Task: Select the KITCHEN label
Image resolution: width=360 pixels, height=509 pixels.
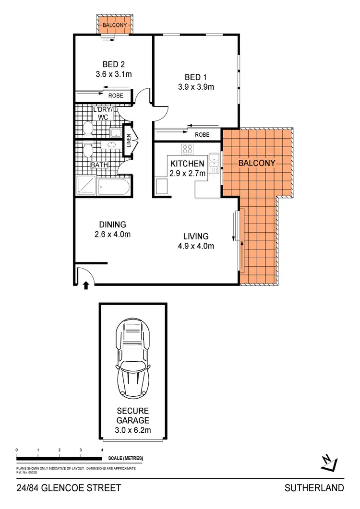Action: (x=188, y=164)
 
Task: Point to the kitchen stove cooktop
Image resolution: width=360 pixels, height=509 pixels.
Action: (x=187, y=148)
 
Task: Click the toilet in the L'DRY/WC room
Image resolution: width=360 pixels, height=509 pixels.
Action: (x=87, y=128)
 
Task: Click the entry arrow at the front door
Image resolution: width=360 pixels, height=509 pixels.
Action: (x=86, y=286)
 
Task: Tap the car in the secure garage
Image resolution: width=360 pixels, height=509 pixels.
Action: (x=133, y=357)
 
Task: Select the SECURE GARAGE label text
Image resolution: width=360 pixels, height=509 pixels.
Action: (x=133, y=416)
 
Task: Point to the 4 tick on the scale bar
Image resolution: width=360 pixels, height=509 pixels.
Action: (x=102, y=450)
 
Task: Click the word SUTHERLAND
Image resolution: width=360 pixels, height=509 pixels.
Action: (x=314, y=488)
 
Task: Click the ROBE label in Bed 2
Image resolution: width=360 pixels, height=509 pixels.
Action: (x=115, y=95)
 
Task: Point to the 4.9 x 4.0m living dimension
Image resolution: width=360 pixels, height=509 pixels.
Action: (x=195, y=246)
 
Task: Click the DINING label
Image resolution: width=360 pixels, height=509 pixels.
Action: (x=113, y=225)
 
